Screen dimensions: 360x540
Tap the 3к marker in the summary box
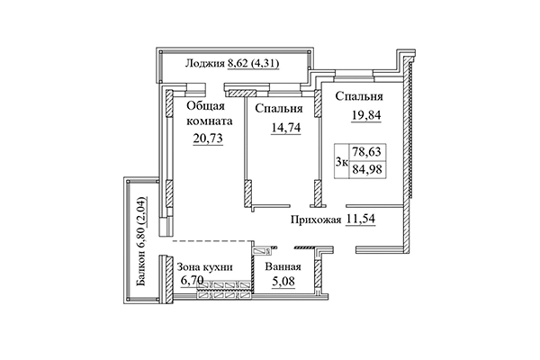point(342,162)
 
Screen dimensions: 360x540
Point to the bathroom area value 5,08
point(282,281)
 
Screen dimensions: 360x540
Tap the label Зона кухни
point(205,267)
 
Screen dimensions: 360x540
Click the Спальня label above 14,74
point(277,111)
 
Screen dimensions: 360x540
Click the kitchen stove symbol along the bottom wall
point(226,289)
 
